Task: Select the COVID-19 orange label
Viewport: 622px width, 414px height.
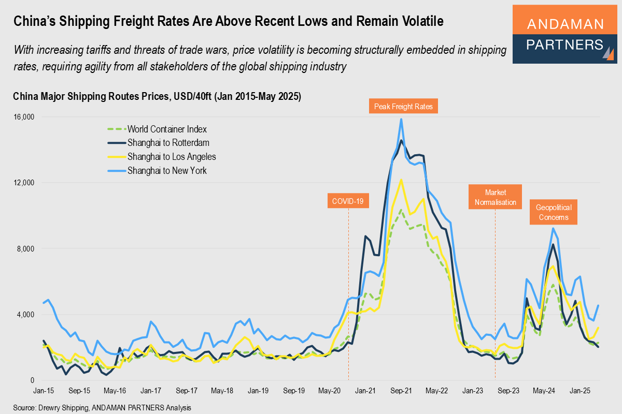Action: point(348,201)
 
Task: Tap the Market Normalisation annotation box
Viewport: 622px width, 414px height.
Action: point(495,197)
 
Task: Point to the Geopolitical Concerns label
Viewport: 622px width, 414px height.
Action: point(554,213)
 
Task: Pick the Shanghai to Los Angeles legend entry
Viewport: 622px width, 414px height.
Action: point(172,156)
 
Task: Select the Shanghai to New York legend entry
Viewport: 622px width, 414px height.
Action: point(167,170)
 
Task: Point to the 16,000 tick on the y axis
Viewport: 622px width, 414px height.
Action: point(23,117)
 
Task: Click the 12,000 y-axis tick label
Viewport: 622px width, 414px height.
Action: point(23,183)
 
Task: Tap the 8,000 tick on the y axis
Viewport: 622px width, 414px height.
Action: point(24,249)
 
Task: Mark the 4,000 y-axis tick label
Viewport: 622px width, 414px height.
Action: point(24,315)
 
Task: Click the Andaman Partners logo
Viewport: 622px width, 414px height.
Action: point(565,35)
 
